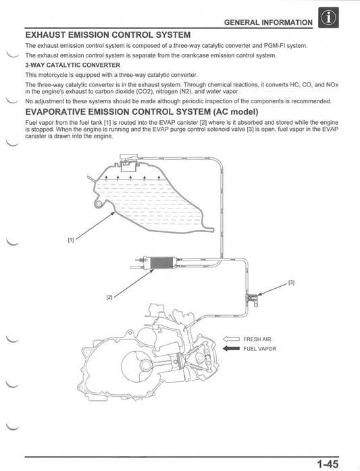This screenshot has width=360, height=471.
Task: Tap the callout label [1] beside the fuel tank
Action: click(x=71, y=240)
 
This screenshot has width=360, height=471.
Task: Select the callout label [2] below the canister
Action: click(x=109, y=297)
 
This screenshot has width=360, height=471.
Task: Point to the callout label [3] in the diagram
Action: click(x=291, y=282)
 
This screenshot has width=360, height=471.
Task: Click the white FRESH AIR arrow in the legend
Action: click(x=231, y=339)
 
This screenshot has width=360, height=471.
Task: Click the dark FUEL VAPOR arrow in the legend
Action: click(x=231, y=349)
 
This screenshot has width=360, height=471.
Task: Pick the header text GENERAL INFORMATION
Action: click(x=269, y=22)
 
